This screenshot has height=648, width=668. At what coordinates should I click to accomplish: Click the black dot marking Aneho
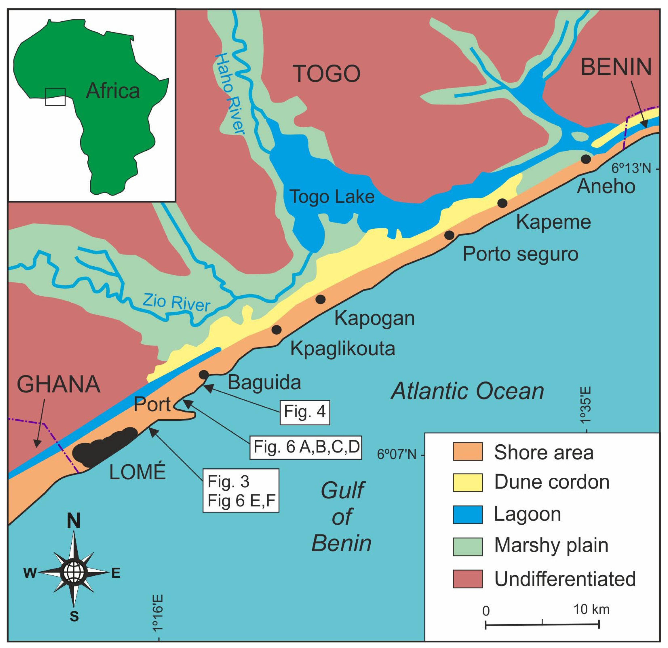click(586, 159)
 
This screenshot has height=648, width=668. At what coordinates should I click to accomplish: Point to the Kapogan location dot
click(320, 299)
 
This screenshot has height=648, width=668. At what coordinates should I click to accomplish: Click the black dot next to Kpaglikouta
click(276, 330)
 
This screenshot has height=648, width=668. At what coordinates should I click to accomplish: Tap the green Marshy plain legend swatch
click(467, 546)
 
